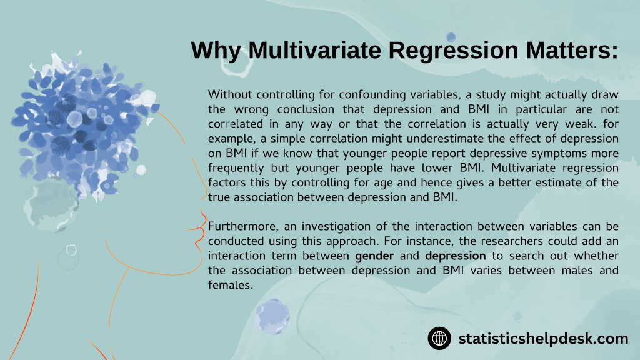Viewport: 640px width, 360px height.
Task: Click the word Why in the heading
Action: point(216,51)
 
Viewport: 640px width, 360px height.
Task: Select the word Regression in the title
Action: point(453,51)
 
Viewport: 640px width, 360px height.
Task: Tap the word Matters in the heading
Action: point(568,50)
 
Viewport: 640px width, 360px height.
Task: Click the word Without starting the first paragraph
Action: point(229,94)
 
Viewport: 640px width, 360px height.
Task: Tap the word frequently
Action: point(235,168)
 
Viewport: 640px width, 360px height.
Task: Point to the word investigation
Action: point(349,226)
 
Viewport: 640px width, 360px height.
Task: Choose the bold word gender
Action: point(374,256)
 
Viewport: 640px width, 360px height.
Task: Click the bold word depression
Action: point(456,256)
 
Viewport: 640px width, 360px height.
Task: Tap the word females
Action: point(230,285)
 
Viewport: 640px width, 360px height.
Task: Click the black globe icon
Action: point(439,338)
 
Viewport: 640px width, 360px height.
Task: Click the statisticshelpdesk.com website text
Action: point(543,339)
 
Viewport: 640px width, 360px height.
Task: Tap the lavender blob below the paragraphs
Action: point(272,316)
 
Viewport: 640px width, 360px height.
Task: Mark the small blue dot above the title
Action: point(451,37)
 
